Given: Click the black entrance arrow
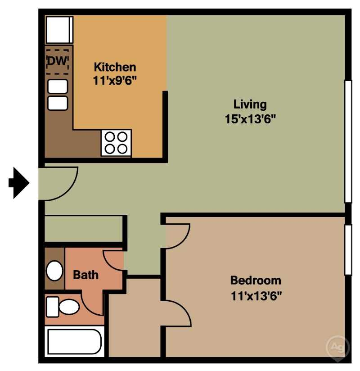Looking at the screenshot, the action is tap(19, 183).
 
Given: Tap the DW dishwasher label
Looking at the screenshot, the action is tap(58, 61).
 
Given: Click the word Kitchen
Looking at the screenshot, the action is tap(115, 67).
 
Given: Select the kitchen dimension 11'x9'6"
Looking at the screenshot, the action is tap(115, 81).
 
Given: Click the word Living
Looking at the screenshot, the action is tap(250, 104).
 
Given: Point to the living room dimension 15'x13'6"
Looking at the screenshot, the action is tap(250, 119).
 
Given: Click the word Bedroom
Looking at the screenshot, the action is tap(256, 281).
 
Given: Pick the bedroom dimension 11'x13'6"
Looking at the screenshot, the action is tap(256, 296).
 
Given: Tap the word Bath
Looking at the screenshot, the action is tap(85, 275).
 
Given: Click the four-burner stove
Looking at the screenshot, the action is tap(116, 143).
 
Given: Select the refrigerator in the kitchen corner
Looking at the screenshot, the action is tap(59, 30).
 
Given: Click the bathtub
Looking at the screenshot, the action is tap(75, 341).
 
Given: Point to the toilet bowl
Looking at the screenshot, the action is tap(69, 307).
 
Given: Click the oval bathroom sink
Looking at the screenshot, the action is tap(54, 271).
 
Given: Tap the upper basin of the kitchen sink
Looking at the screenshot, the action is tap(58, 86).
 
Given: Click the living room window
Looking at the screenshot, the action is tap(348, 141).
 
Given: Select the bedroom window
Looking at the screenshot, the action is tap(348, 249).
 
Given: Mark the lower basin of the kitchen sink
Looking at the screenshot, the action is tap(58, 103).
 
